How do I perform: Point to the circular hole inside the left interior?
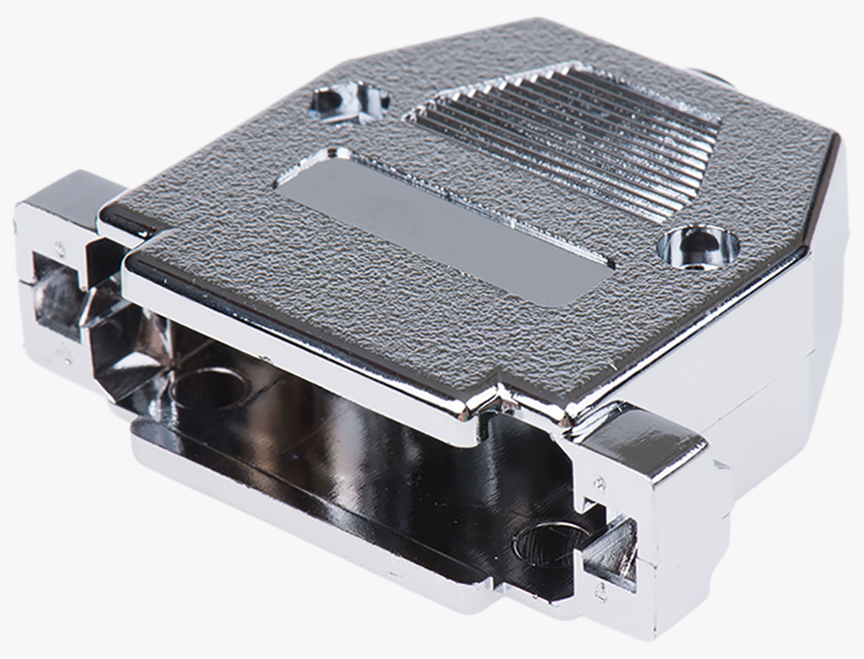pos(210,388)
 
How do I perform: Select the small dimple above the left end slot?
pos(60,248)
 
